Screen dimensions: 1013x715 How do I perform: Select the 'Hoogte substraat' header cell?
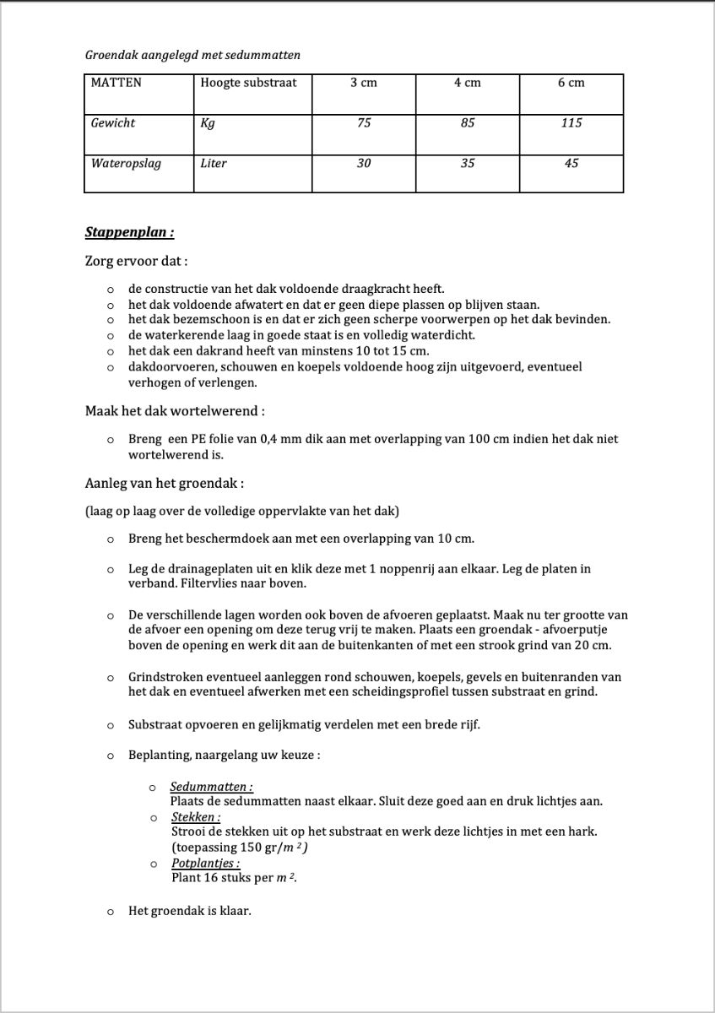[248, 83]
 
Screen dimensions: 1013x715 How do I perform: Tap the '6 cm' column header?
[571, 83]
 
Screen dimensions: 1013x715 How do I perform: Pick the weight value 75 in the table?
[364, 123]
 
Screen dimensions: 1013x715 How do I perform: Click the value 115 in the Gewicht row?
[571, 123]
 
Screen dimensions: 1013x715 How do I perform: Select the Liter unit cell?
[214, 163]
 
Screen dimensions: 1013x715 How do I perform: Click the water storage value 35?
[468, 163]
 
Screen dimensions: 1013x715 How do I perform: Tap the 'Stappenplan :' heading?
[129, 231]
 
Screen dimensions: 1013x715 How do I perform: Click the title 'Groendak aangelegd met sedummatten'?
[192, 55]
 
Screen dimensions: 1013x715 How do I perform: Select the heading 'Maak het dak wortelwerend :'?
[175, 411]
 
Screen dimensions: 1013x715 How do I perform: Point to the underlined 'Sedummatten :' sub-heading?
[211, 787]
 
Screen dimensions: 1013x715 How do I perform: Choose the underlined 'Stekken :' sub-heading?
[196, 817]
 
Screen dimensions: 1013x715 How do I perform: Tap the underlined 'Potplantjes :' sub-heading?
[205, 864]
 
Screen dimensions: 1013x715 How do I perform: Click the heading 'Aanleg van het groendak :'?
[165, 484]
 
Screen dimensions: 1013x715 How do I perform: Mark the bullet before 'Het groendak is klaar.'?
[110, 913]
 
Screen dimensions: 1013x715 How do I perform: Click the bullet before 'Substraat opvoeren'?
[110, 725]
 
